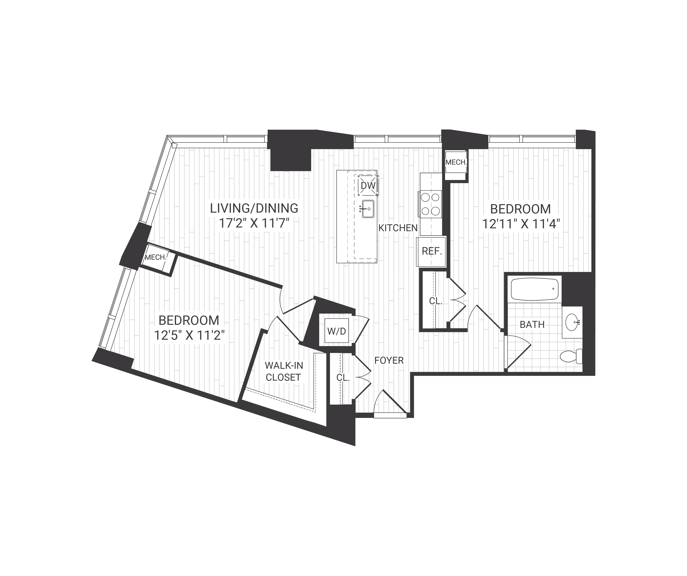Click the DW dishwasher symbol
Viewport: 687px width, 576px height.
(368, 186)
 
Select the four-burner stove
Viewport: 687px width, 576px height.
(430, 204)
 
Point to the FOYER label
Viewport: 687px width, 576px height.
(389, 360)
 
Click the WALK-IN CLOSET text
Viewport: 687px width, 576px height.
(283, 371)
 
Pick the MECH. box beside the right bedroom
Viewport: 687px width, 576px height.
(456, 162)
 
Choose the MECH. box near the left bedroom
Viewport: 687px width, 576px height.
(156, 257)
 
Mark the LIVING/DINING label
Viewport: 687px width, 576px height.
(254, 208)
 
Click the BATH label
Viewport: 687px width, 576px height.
(532, 325)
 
